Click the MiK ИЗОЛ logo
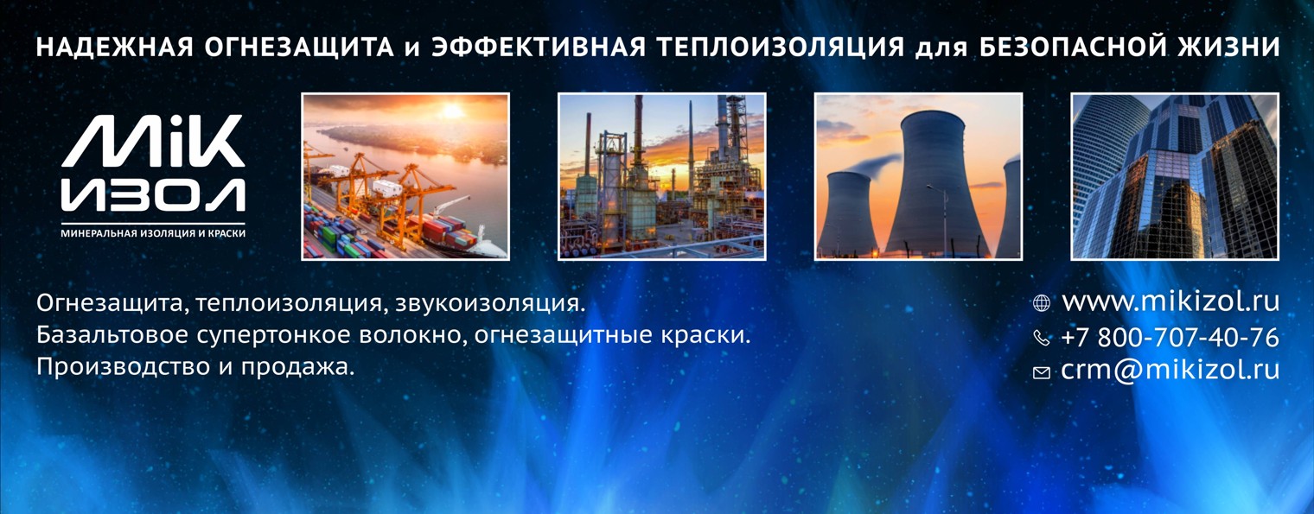pyautogui.click(x=153, y=166)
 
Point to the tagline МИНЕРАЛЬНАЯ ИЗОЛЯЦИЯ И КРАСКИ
pyautogui.click(x=153, y=233)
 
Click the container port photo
pyautogui.click(x=405, y=176)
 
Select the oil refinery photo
pyautogui.click(x=661, y=176)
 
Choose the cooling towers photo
pyautogui.click(x=918, y=176)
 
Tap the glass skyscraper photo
pyautogui.click(x=1174, y=176)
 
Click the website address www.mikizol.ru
pyautogui.click(x=1170, y=301)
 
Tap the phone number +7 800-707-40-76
pyautogui.click(x=1170, y=337)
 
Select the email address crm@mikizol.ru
pyautogui.click(x=1170, y=371)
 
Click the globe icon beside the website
pyautogui.click(x=1042, y=303)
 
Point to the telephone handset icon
pyautogui.click(x=1042, y=338)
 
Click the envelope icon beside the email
pyautogui.click(x=1042, y=372)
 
